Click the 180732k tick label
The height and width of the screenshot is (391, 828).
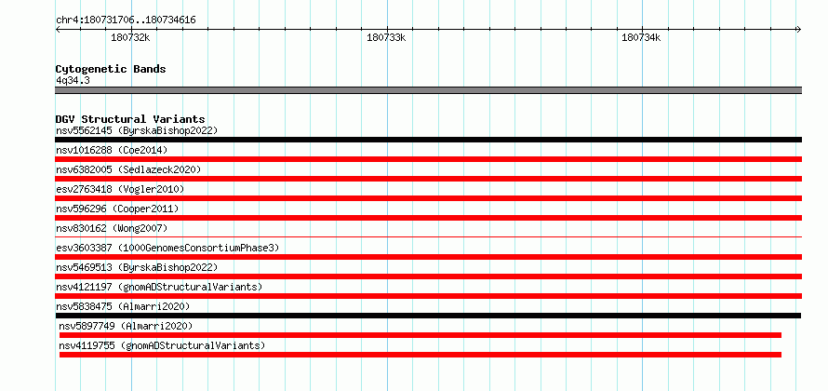pyautogui.click(x=130, y=38)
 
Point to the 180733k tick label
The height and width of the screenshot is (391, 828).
pyautogui.click(x=386, y=38)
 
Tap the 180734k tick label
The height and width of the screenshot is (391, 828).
pyautogui.click(x=641, y=38)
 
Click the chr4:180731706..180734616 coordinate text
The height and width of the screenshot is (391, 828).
pyautogui.click(x=127, y=20)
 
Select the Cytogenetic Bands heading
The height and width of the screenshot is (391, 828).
pyautogui.click(x=111, y=69)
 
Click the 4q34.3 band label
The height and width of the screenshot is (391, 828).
pyautogui.click(x=73, y=80)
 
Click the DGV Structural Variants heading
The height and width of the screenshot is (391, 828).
pyautogui.click(x=130, y=119)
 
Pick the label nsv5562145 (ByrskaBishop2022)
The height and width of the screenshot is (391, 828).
pyautogui.click(x=137, y=130)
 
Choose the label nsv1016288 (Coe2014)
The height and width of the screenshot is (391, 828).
pyautogui.click(x=112, y=150)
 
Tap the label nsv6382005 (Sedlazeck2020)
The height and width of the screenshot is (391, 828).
pyautogui.click(x=128, y=169)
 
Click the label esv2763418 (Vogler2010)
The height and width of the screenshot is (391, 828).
pyautogui.click(x=120, y=189)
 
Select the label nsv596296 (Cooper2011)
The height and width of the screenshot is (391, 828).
pyautogui.click(x=117, y=209)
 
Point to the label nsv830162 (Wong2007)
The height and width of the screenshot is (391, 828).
pyautogui.click(x=112, y=228)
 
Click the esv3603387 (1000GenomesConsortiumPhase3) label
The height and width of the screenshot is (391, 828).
pyautogui.click(x=167, y=248)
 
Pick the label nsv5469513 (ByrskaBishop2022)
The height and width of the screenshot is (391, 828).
pyautogui.click(x=137, y=267)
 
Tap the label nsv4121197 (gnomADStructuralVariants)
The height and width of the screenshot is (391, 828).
pyautogui.click(x=159, y=287)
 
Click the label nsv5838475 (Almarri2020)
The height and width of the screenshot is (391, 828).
pyautogui.click(x=123, y=306)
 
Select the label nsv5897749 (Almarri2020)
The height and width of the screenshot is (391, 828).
pyautogui.click(x=126, y=326)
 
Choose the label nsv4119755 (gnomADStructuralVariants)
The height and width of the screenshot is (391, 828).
pyautogui.click(x=162, y=345)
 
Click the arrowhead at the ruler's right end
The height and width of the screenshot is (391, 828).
pyautogui.click(x=799, y=29)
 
